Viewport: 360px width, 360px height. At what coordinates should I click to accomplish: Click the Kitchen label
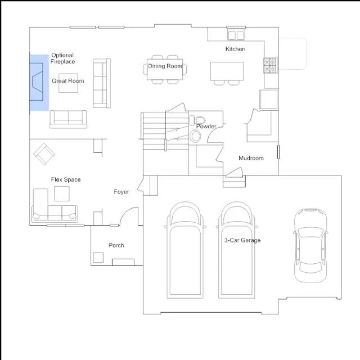235,49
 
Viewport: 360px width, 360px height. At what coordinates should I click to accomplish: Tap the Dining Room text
165,66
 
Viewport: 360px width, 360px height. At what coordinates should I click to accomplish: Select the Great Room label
67,81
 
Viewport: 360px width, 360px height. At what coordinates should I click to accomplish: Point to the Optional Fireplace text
62,58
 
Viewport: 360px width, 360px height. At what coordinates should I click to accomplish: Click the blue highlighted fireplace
39,83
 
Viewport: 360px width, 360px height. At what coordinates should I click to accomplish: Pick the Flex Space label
66,179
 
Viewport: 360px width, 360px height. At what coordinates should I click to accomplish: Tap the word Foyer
121,192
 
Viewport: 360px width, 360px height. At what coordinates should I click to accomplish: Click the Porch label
116,245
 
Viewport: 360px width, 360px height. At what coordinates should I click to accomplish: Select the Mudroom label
251,158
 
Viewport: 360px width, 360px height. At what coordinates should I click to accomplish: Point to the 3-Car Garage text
242,240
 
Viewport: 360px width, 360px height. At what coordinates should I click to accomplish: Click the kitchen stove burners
271,65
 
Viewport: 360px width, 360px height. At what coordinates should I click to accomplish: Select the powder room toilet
197,120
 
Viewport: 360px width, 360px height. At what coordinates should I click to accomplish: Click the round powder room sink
195,136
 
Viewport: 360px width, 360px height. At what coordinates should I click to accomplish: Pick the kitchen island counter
227,71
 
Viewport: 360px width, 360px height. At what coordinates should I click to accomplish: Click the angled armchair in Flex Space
44,154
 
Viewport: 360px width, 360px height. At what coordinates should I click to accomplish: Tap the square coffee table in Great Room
68,83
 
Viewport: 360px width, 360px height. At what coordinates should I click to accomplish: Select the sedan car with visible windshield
310,245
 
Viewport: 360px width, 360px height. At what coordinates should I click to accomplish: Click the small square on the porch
98,258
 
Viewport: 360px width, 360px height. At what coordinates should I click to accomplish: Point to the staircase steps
165,131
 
